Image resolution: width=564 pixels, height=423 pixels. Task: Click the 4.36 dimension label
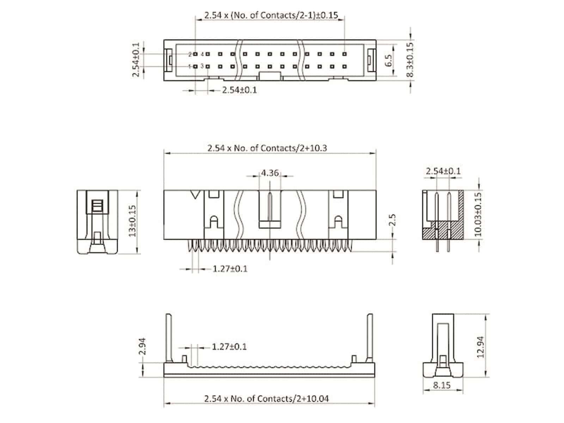270,173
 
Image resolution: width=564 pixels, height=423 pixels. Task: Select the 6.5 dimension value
388,60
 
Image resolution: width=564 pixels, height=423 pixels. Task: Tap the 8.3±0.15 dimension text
410,60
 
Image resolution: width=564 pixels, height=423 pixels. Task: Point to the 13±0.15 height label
133,221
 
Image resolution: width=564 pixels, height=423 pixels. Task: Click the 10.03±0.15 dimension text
478,214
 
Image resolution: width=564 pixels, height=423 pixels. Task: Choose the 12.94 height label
480,347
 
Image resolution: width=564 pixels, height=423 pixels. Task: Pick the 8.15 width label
442,385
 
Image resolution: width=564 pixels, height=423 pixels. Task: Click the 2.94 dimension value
142,347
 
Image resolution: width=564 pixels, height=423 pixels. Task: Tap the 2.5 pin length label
393,220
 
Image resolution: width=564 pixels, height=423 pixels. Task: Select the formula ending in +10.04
266,399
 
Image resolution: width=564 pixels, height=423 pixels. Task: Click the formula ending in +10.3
267,148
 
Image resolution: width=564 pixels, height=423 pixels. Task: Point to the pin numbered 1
195,66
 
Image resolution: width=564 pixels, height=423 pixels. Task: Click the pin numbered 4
208,54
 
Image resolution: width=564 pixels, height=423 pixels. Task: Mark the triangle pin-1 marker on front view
195,194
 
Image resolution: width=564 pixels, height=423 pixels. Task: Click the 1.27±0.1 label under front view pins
230,269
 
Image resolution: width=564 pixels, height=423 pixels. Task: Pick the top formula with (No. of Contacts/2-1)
271,15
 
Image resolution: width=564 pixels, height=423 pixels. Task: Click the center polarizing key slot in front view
270,208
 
